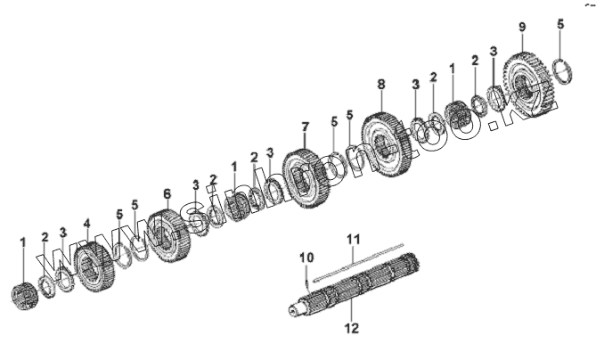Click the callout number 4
click(x=86, y=224)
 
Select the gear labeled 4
click(x=93, y=266)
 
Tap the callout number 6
click(x=167, y=193)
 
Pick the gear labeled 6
click(x=167, y=235)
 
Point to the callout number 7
click(x=305, y=127)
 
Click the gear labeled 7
click(x=306, y=178)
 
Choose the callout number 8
click(x=381, y=84)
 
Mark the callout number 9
click(x=522, y=27)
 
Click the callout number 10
click(x=306, y=258)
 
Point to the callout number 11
click(x=353, y=239)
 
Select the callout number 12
click(x=353, y=328)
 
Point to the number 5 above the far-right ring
click(x=560, y=23)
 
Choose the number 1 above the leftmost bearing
click(x=23, y=241)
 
